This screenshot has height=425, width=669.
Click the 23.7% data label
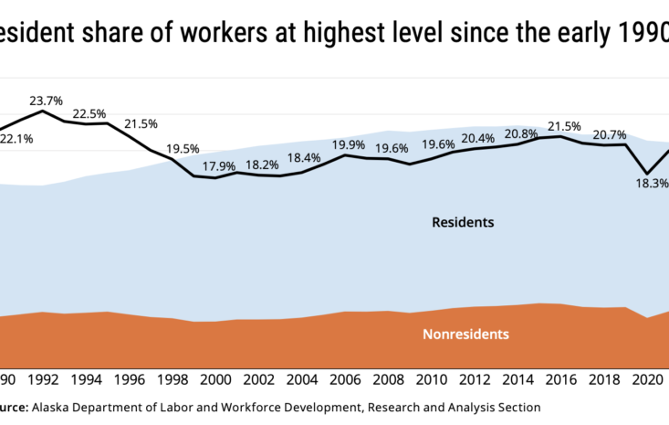(x=46, y=101)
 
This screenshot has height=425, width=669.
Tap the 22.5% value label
(x=89, y=113)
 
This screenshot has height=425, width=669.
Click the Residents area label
(x=463, y=222)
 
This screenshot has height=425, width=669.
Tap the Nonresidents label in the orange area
(x=465, y=334)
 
